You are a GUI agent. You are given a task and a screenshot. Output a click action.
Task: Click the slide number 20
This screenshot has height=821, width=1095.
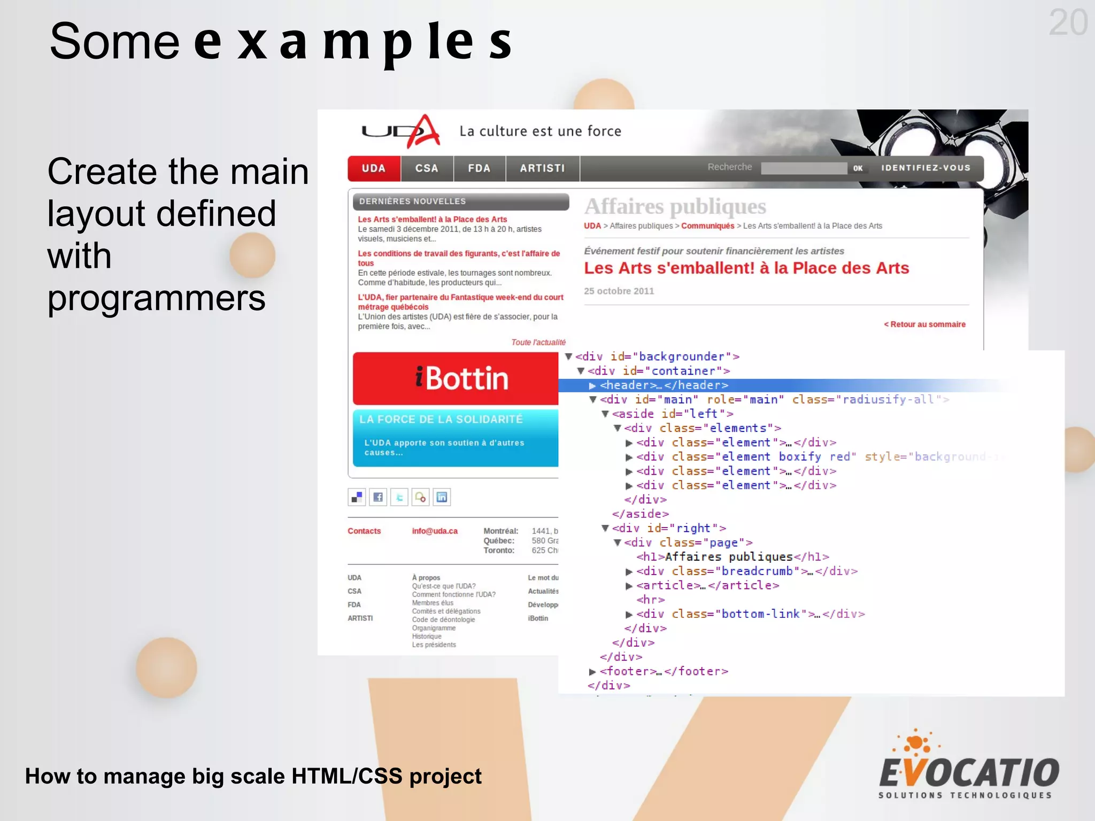click(x=1068, y=23)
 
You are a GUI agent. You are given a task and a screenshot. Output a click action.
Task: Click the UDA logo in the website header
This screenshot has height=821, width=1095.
click(x=401, y=131)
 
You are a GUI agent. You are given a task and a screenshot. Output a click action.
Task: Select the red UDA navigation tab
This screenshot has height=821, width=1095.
click(x=374, y=168)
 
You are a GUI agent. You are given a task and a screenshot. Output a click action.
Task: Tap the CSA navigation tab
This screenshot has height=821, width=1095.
click(x=427, y=168)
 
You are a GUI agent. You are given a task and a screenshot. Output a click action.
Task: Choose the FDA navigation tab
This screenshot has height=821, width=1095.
click(x=479, y=168)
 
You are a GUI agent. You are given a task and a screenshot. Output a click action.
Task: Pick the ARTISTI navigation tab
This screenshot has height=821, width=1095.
click(x=542, y=168)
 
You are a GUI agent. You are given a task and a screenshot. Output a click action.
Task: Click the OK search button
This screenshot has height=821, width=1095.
click(x=858, y=168)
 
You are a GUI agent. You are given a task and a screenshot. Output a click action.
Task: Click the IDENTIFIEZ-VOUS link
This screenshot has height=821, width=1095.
click(x=926, y=168)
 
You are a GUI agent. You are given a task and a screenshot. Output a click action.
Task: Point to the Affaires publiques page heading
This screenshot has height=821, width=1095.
click(x=675, y=206)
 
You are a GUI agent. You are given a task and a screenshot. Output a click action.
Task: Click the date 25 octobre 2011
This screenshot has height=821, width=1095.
click(x=619, y=291)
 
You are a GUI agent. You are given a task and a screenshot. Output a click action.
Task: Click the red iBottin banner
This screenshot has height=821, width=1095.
click(x=456, y=378)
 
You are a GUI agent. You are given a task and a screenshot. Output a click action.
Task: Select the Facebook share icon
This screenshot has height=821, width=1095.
click(x=378, y=497)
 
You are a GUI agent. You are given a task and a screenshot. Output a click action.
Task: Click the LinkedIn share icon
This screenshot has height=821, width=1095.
click(x=442, y=497)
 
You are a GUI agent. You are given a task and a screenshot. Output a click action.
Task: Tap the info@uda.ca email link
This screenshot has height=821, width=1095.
click(x=435, y=531)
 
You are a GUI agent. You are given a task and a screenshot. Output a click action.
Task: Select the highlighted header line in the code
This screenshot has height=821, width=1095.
click(x=664, y=385)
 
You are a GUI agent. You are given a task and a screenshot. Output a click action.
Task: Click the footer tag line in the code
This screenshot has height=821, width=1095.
click(x=664, y=671)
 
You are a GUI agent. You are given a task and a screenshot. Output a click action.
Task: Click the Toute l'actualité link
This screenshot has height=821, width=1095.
click(x=538, y=343)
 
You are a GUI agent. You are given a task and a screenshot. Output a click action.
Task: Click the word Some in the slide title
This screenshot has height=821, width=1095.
click(x=114, y=42)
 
